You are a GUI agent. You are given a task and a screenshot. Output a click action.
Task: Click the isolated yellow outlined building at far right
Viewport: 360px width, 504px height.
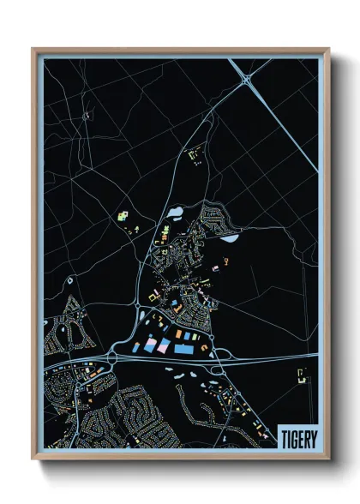pyautogui.click(x=302, y=375)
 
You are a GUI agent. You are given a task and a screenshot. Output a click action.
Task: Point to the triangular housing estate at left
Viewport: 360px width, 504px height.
pyautogui.click(x=60, y=330)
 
